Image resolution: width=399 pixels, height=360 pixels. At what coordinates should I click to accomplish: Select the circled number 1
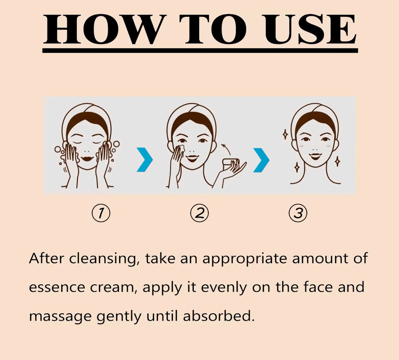click(101, 213)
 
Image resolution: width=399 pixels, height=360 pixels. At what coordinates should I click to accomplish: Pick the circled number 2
click(199, 213)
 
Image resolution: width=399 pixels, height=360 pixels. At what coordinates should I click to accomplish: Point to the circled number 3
click(298, 213)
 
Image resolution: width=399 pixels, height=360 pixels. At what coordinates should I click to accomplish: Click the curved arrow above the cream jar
click(226, 149)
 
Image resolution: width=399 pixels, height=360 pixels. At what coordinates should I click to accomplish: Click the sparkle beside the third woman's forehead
click(285, 134)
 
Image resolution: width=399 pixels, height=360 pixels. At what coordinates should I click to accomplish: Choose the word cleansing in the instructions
click(103, 259)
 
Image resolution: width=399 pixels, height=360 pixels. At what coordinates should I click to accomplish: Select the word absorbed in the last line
click(219, 316)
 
